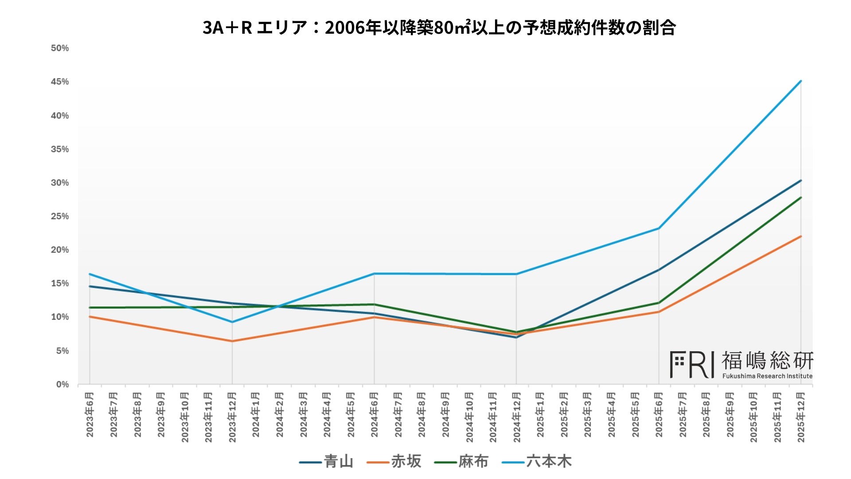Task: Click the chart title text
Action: click(x=439, y=27)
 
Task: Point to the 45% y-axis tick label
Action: click(x=60, y=82)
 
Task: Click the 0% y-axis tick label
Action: click(x=62, y=385)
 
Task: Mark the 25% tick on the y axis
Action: click(x=60, y=216)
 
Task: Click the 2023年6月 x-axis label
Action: click(x=90, y=414)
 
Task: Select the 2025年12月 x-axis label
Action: click(x=801, y=417)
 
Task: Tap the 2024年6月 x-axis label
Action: click(x=375, y=414)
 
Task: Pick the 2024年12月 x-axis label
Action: click(x=517, y=417)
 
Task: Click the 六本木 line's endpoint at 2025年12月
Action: click(x=801, y=81)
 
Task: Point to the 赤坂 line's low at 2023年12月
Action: click(x=232, y=341)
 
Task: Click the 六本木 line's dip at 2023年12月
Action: click(x=232, y=322)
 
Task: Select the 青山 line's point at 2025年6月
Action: click(x=659, y=270)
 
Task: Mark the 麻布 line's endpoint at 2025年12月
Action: click(x=801, y=197)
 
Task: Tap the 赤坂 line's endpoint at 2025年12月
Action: click(x=801, y=236)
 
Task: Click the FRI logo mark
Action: click(x=692, y=365)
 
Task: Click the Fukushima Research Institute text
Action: click(x=767, y=376)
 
